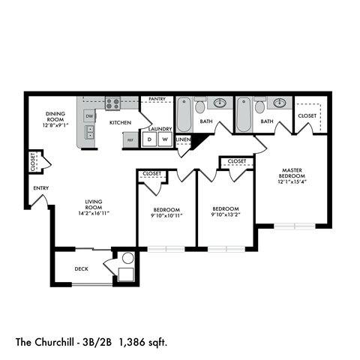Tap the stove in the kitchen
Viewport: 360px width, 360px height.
point(112,104)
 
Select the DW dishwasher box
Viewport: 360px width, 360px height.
point(89,116)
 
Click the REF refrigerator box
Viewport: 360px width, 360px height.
point(130,139)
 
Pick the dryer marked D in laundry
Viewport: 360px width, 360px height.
point(149,139)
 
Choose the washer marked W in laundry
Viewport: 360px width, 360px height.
point(164,139)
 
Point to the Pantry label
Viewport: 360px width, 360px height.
point(157,99)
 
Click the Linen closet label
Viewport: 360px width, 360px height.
point(183,139)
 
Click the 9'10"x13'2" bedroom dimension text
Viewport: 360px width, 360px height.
point(224,216)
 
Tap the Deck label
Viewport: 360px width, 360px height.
point(82,268)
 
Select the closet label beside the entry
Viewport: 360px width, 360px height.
point(34,162)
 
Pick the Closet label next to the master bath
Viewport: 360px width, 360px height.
point(307,116)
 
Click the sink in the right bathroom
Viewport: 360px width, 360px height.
point(279,103)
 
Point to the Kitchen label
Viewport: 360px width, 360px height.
point(121,121)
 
